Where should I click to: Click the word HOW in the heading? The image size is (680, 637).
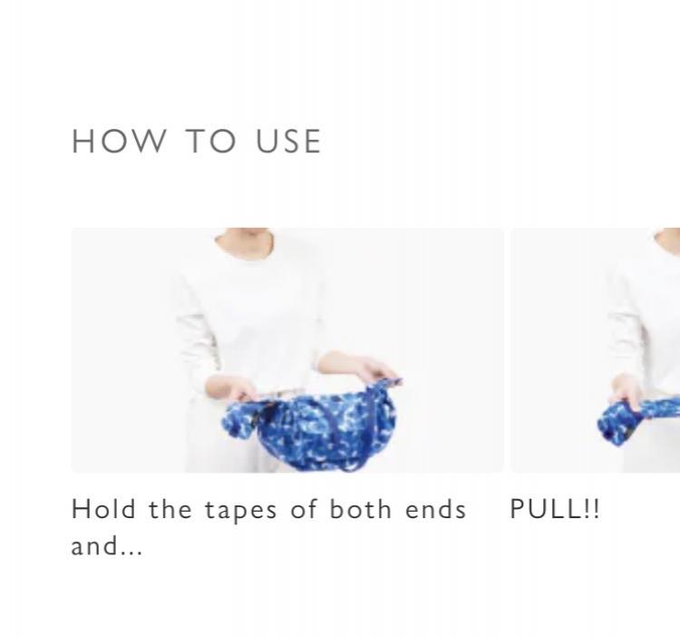[x=119, y=141]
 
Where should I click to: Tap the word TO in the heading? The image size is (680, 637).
[x=211, y=141]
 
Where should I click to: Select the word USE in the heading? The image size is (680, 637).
[x=288, y=141]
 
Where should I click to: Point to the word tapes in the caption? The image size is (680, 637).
[x=240, y=510]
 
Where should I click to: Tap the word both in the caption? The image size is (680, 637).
[x=361, y=508]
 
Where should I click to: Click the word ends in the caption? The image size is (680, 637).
[x=436, y=508]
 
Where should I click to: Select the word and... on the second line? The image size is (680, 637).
[x=107, y=545]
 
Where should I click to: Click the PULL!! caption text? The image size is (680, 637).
[x=555, y=508]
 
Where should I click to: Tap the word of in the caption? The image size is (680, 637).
[x=304, y=508]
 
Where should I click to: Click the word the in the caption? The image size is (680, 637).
[x=170, y=508]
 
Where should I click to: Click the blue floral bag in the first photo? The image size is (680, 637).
[x=309, y=426]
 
